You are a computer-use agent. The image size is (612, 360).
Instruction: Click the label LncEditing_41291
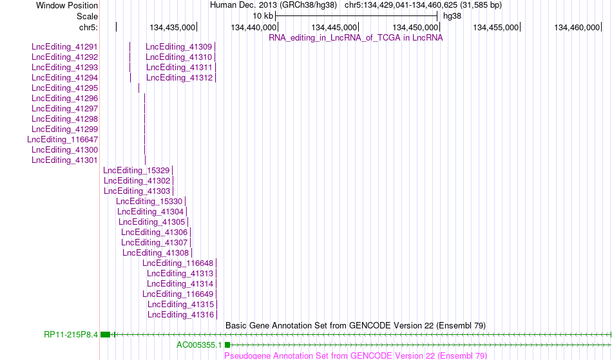click(x=65, y=47)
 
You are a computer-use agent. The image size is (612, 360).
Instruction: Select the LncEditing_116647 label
click(x=63, y=140)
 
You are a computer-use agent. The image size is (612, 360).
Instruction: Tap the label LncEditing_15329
click(x=137, y=171)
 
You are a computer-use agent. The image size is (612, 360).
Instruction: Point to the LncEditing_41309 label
click(x=179, y=47)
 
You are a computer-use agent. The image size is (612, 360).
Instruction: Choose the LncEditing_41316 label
click(x=181, y=315)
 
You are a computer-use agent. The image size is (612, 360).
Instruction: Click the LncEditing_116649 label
click(x=178, y=294)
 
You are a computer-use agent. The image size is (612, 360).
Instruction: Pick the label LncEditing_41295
click(x=65, y=88)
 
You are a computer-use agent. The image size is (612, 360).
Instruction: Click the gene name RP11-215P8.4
click(x=71, y=335)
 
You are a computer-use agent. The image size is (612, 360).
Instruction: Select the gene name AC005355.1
click(x=199, y=345)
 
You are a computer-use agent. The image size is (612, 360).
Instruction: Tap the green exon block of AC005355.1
click(x=227, y=345)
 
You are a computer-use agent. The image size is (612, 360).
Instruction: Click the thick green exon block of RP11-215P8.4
click(x=106, y=335)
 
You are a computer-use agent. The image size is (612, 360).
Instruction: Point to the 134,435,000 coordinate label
click(x=172, y=27)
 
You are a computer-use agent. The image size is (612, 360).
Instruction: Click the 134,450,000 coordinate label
click(x=416, y=27)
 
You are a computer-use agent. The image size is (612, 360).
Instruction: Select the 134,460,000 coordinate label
click(x=577, y=27)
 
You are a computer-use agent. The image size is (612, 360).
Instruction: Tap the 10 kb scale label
click(x=263, y=16)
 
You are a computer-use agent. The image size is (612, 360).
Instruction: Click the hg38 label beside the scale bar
click(x=452, y=16)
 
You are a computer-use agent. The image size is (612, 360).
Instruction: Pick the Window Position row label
click(x=67, y=5)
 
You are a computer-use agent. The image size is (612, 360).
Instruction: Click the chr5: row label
click(x=89, y=27)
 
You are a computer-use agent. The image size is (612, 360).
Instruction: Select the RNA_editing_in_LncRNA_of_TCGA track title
click(x=356, y=37)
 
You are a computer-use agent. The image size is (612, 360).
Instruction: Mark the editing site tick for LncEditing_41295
click(x=139, y=88)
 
